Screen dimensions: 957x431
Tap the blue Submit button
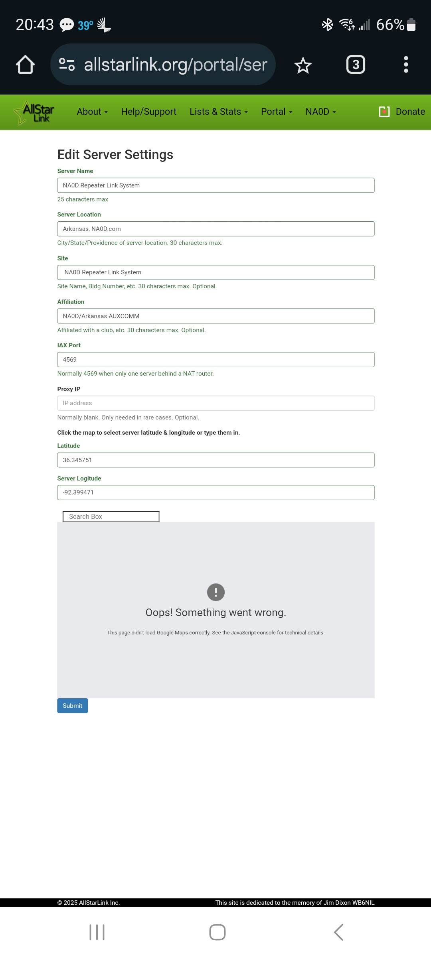(72, 705)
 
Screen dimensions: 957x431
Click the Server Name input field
(215, 185)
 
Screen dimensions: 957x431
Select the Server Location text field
(215, 229)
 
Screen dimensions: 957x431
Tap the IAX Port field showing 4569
(215, 360)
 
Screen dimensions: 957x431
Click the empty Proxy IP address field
(215, 403)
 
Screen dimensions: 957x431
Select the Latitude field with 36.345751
(215, 460)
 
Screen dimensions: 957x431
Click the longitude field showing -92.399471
(215, 492)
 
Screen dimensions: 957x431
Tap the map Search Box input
(111, 517)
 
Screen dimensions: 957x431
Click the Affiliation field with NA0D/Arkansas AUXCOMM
(215, 316)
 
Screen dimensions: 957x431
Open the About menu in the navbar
(92, 112)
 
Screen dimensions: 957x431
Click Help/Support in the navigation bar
(148, 112)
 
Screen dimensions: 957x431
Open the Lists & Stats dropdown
(218, 112)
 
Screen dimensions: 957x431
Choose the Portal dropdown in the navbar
(276, 112)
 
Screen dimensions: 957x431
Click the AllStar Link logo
(35, 112)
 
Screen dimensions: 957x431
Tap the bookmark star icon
(303, 65)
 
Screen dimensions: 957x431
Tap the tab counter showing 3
(356, 65)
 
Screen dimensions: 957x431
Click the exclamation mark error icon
(216, 592)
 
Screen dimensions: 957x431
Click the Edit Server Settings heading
(115, 155)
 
